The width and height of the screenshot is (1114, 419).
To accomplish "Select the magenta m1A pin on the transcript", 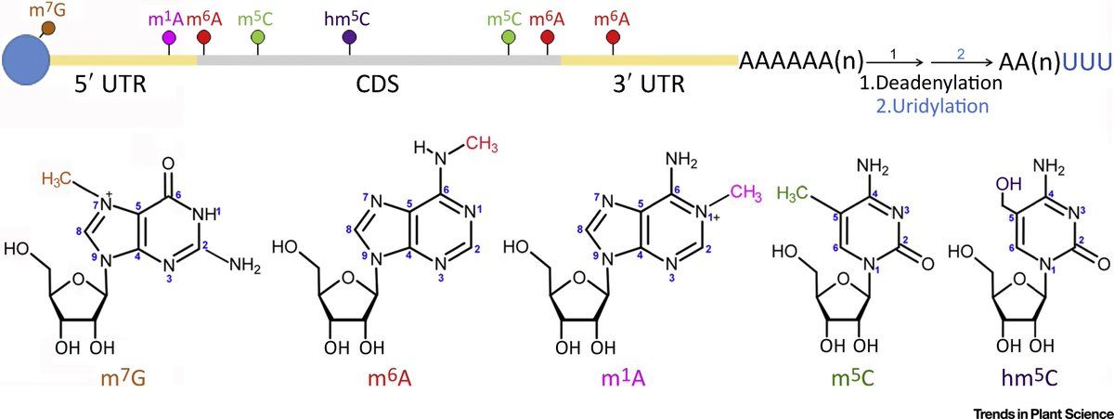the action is pyautogui.click(x=169, y=38).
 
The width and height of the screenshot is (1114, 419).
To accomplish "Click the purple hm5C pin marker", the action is pyautogui.click(x=349, y=37).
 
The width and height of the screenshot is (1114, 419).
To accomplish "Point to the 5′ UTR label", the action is pyautogui.click(x=111, y=86).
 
